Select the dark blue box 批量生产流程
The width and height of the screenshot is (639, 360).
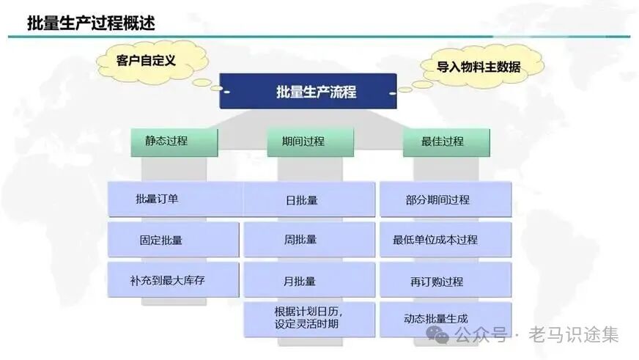pyautogui.click(x=308, y=92)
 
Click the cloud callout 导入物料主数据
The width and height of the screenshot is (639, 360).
pyautogui.click(x=479, y=67)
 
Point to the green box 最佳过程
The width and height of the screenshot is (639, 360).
pyautogui.click(x=446, y=142)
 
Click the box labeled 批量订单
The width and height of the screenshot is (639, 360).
pyautogui.click(x=174, y=199)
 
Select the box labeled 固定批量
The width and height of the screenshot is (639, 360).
pyautogui.click(x=173, y=240)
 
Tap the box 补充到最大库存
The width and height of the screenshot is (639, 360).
pyautogui.click(x=173, y=280)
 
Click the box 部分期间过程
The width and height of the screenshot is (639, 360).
pyautogui.click(x=445, y=199)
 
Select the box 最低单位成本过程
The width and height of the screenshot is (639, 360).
pyautogui.click(x=445, y=240)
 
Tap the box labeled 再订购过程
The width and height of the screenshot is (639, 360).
pyautogui.click(x=445, y=281)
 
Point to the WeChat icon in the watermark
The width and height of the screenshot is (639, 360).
pyautogui.click(x=442, y=336)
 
